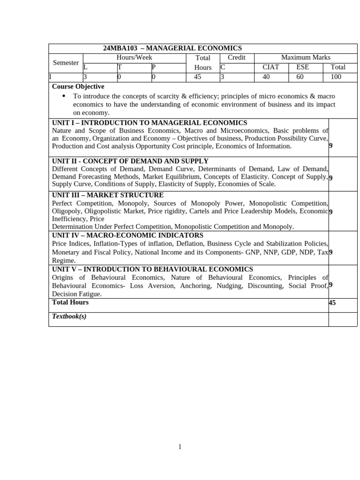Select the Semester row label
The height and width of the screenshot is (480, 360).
coord(66,63)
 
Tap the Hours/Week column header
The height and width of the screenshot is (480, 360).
coord(134,58)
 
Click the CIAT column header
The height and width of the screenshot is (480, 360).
coord(271,67)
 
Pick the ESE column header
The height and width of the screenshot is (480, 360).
coord(302,67)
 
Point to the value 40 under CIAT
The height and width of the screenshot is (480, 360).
coord(266,77)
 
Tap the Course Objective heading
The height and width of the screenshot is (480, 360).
coord(78,87)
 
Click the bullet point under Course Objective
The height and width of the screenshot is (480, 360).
coord(64,96)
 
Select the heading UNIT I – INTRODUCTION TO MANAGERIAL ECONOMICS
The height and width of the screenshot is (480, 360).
coord(150,123)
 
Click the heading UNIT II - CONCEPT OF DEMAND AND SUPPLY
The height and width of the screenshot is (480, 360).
coord(130,161)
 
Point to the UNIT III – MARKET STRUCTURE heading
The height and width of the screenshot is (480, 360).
coord(108,195)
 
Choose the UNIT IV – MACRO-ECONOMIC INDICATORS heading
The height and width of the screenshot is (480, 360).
coord(127,235)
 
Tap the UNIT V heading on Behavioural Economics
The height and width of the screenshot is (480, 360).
coord(152,269)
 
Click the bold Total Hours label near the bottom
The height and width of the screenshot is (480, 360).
coord(70,302)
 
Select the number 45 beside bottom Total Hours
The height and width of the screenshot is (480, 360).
coord(332,303)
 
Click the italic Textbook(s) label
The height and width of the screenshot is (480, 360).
coord(69,316)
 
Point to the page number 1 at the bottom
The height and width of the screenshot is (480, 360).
coord(180,447)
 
